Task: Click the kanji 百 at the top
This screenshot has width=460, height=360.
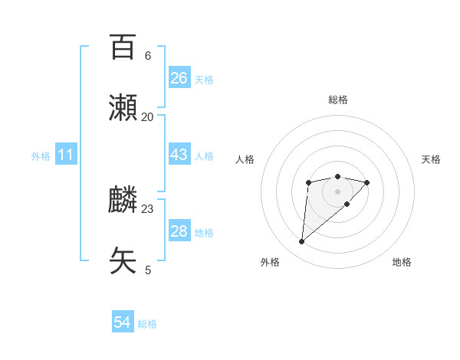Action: point(123,47)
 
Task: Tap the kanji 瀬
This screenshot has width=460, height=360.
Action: point(123,109)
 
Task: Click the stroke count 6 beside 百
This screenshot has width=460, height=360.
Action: point(148,56)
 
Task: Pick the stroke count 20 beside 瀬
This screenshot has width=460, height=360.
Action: point(148,116)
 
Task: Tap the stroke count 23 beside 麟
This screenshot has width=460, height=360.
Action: point(148,208)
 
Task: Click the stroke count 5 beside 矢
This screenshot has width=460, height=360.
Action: point(148,270)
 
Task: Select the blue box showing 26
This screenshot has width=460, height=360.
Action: point(179,78)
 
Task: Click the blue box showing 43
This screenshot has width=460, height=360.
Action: point(179,155)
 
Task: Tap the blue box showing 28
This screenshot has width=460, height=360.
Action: point(179,231)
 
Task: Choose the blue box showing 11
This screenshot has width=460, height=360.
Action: point(66,155)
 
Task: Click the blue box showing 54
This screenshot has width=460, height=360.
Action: point(123,323)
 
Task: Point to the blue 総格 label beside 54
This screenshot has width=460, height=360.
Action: point(147,324)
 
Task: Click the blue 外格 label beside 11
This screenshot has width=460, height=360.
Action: point(41,156)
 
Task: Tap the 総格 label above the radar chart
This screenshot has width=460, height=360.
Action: point(338,100)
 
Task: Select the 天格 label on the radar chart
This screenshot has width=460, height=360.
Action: point(431,159)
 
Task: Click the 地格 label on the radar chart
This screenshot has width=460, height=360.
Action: point(402,262)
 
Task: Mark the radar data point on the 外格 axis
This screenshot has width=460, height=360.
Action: point(301,242)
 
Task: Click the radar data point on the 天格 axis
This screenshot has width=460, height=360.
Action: point(367,182)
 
